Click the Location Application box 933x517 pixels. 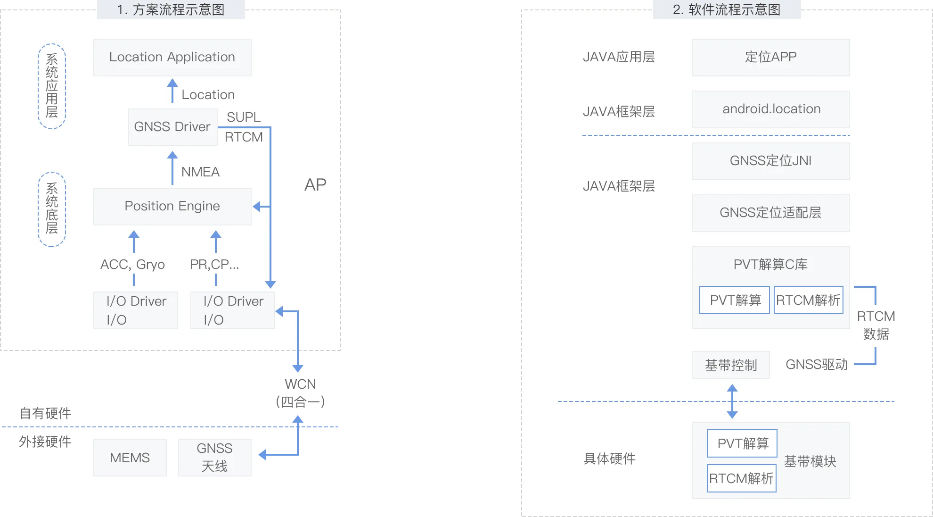(x=172, y=57)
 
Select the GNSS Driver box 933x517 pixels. (x=172, y=127)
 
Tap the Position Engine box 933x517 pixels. (x=172, y=206)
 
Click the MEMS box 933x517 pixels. (x=130, y=458)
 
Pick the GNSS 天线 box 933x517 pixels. (x=214, y=457)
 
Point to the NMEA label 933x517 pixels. (x=200, y=172)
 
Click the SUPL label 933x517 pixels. (x=244, y=117)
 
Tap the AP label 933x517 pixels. (x=315, y=184)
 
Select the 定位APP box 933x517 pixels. (x=770, y=57)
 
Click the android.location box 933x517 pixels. (x=770, y=109)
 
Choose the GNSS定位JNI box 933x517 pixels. (x=770, y=161)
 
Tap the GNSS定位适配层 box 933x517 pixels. (x=770, y=213)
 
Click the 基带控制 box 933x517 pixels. (x=730, y=365)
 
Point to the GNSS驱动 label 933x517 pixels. (x=817, y=365)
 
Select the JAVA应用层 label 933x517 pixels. (x=619, y=57)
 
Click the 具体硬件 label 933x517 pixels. (x=609, y=459)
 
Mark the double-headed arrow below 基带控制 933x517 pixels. (x=732, y=401)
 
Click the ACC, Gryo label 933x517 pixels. (x=132, y=264)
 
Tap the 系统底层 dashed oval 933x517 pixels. (x=52, y=209)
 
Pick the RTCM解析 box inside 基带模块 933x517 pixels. (x=741, y=478)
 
